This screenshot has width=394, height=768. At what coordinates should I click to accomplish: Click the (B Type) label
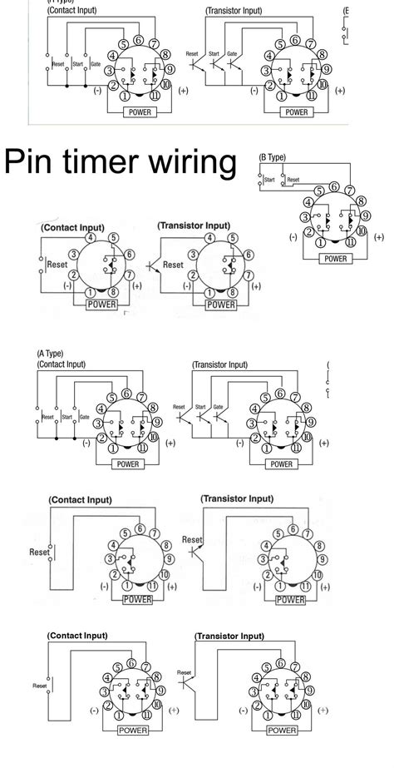[273, 156]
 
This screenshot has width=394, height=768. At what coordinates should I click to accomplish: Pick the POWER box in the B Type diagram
[335, 258]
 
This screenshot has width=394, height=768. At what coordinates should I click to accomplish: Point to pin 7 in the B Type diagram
[350, 191]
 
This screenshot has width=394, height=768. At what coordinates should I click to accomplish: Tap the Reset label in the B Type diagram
[293, 178]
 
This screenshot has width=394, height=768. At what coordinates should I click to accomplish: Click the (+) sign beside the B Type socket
[379, 236]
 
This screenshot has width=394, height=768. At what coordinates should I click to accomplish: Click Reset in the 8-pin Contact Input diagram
[57, 265]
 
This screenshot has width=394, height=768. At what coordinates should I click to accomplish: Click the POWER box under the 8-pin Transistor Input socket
[220, 305]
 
